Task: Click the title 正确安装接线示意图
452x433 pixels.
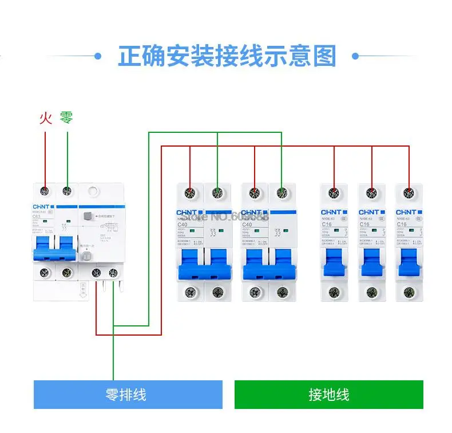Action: pyautogui.click(x=227, y=57)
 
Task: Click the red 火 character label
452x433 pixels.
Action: pyautogui.click(x=45, y=119)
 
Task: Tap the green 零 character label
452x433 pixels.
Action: pyautogui.click(x=66, y=119)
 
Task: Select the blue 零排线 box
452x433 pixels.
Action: pyautogui.click(x=128, y=395)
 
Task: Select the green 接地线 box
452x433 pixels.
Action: pyautogui.click(x=328, y=395)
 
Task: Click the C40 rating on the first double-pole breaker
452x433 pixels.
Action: pyautogui.click(x=183, y=225)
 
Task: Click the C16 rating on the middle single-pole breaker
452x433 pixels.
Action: pyautogui.click(x=364, y=225)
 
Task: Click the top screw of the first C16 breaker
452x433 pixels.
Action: pyautogui.click(x=334, y=192)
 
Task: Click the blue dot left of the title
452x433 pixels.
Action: pyautogui.click(x=97, y=56)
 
